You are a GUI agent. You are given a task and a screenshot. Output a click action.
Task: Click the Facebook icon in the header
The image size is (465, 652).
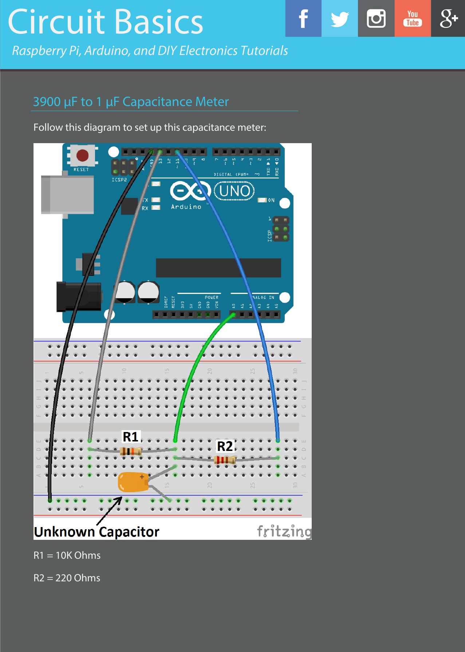click(303, 19)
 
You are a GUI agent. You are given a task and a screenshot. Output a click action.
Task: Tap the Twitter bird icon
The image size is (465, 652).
click(340, 19)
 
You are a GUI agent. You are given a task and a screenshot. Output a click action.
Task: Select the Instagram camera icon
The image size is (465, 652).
click(376, 19)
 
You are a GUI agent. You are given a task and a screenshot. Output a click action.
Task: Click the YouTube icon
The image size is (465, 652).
click(413, 19)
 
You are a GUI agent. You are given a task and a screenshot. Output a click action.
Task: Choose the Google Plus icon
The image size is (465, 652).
click(448, 19)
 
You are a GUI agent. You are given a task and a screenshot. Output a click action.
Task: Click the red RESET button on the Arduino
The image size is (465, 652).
click(82, 156)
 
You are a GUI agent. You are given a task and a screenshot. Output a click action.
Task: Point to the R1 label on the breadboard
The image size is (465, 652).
click(131, 437)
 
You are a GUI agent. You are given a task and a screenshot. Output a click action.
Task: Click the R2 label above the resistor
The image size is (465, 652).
click(225, 446)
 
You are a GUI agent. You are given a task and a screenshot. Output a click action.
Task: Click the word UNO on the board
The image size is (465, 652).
click(235, 191)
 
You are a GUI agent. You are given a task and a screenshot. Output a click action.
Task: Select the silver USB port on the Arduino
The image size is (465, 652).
click(68, 195)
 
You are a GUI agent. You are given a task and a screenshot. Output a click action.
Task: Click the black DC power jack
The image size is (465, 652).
click(78, 297)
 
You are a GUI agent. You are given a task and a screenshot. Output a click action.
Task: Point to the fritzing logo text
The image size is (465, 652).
click(284, 531)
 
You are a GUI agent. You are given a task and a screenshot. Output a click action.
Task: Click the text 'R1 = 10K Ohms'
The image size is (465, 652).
click(67, 555)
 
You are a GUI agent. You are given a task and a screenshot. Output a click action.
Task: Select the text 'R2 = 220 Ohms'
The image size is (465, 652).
click(67, 578)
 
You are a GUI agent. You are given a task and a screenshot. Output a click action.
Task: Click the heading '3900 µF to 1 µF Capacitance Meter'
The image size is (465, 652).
click(131, 102)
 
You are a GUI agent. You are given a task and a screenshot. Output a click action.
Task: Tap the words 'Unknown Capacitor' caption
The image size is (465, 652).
click(96, 532)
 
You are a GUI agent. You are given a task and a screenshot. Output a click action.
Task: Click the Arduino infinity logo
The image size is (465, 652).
click(190, 191)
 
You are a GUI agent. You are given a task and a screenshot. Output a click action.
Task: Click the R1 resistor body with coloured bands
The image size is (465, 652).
click(131, 451)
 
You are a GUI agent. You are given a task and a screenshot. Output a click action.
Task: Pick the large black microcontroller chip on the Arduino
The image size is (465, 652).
click(218, 268)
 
